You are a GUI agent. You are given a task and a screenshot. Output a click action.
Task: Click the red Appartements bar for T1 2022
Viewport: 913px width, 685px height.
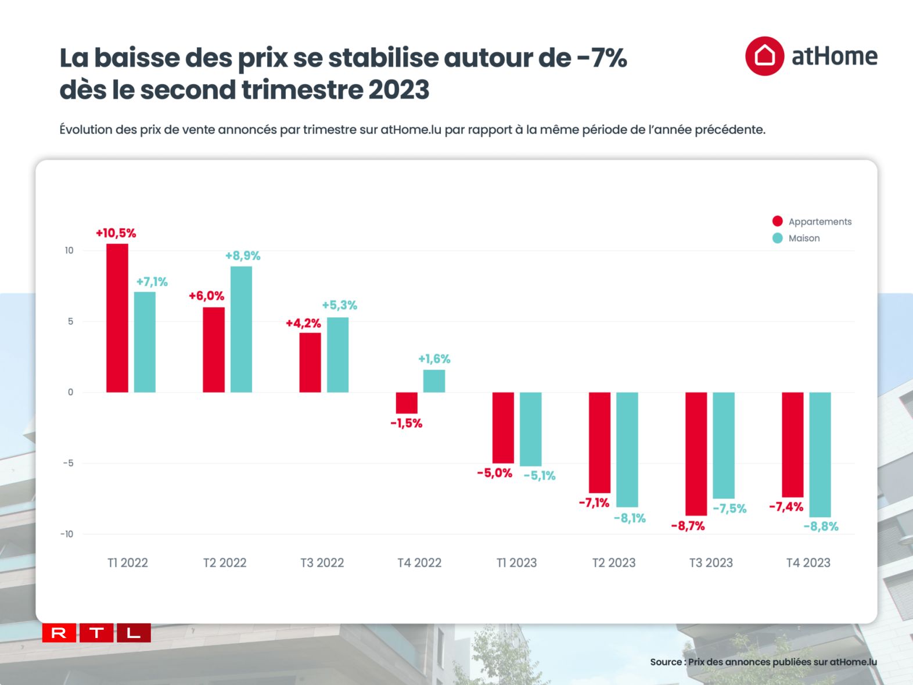click(x=117, y=318)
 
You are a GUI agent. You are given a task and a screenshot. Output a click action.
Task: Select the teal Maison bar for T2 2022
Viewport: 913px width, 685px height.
click(x=241, y=329)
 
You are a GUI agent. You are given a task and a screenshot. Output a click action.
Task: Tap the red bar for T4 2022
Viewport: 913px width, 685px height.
click(x=407, y=403)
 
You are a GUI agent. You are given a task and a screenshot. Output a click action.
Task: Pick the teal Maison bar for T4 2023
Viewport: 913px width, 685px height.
click(x=820, y=454)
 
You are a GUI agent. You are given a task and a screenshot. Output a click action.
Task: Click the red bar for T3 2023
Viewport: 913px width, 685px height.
click(x=696, y=454)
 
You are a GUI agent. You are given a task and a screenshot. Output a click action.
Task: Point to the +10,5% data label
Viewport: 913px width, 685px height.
click(x=116, y=233)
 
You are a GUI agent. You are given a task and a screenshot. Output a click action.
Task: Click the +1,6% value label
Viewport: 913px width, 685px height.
click(x=434, y=359)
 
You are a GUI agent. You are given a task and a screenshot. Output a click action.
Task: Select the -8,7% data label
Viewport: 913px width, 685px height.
click(x=688, y=526)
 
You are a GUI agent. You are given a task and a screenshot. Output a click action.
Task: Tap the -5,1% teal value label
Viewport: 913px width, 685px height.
click(x=540, y=476)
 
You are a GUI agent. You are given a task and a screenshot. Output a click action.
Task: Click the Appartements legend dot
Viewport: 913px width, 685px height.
click(x=777, y=221)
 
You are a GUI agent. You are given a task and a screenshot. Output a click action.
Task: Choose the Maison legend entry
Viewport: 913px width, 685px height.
click(x=804, y=238)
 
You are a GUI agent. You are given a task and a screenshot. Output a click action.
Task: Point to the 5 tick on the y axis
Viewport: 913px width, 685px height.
click(x=70, y=321)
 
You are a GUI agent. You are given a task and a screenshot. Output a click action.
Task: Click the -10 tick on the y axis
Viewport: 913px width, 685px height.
click(x=67, y=534)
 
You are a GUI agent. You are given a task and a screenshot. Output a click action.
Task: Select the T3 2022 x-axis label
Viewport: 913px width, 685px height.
click(x=322, y=562)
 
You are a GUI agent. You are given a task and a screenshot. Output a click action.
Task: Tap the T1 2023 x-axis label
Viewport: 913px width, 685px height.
click(x=516, y=562)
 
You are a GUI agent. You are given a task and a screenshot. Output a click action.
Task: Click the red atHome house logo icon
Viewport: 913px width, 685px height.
click(x=764, y=56)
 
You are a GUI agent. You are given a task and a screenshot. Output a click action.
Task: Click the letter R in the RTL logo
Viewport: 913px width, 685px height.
click(x=59, y=633)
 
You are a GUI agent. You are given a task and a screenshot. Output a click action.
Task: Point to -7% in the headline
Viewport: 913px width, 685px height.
click(x=602, y=58)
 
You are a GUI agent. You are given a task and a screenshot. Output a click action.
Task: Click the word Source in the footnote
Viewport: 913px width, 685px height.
click(x=665, y=662)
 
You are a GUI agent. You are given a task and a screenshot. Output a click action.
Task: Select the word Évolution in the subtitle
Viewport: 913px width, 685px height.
click(x=85, y=130)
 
